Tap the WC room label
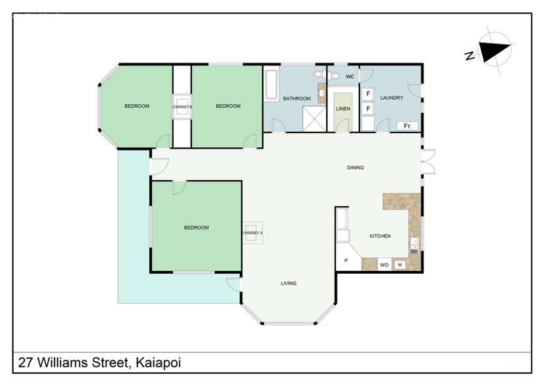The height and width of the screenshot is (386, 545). [x=349, y=76]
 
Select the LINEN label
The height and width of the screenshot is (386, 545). [x=343, y=109]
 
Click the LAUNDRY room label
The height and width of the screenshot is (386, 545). [x=391, y=98]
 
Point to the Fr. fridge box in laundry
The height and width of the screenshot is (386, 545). [x=407, y=126]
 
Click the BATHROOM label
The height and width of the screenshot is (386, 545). [x=297, y=98]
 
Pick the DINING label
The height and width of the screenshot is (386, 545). [x=355, y=168]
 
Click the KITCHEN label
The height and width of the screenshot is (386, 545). [x=380, y=236]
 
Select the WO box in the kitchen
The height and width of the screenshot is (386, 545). [x=383, y=265]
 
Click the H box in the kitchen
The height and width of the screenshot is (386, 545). [x=399, y=265]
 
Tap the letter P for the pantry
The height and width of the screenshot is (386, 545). [x=346, y=260]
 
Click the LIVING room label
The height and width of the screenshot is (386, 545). [x=289, y=283]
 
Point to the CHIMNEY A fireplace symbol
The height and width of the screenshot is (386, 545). [x=251, y=233]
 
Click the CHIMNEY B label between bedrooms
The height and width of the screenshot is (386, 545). [x=182, y=106]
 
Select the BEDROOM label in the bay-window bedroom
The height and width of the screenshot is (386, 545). [x=137, y=106]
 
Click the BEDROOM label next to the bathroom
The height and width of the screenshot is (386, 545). [x=228, y=106]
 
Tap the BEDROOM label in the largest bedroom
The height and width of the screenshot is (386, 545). [x=196, y=227]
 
